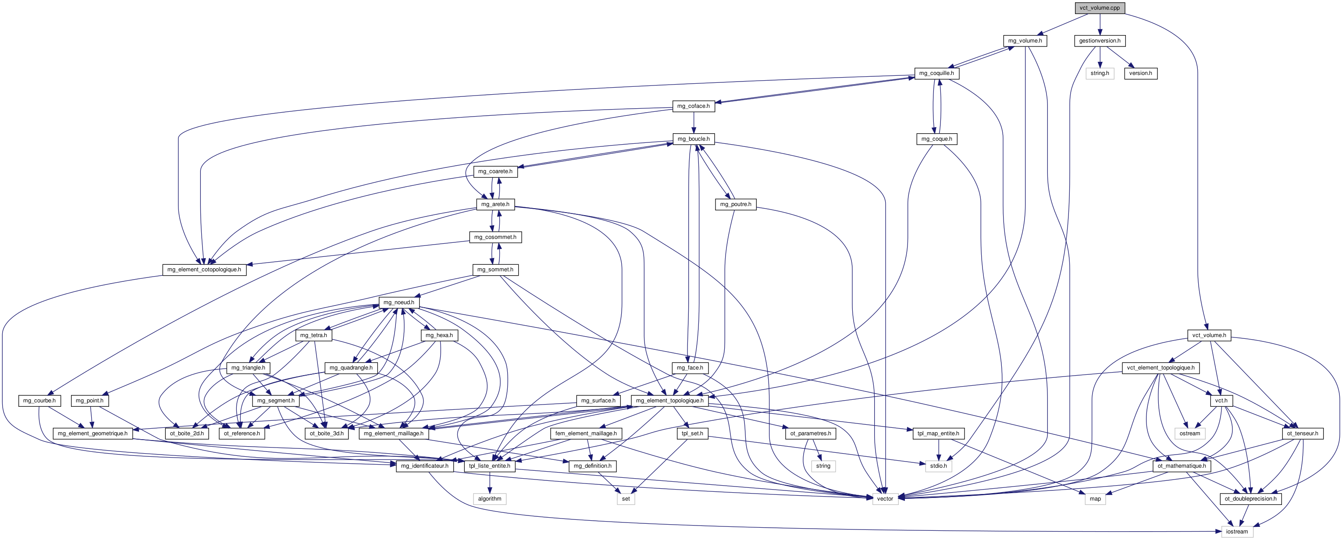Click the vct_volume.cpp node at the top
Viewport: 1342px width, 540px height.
(1099, 8)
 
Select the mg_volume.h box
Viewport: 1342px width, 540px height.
(1025, 41)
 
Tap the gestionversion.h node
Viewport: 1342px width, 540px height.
(1100, 41)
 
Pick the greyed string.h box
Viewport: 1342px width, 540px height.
(1100, 74)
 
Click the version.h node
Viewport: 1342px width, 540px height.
(1140, 74)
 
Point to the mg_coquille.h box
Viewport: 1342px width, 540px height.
(936, 74)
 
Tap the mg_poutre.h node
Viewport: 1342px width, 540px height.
(736, 204)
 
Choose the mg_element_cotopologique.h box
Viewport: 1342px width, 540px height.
(204, 270)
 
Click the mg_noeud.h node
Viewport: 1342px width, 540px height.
(399, 302)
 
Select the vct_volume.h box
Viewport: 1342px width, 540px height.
(1209, 335)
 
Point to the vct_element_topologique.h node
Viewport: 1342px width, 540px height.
(1160, 368)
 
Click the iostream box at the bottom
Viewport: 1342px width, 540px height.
(1237, 532)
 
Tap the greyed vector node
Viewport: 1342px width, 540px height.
(885, 499)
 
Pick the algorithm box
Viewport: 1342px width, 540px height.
(490, 499)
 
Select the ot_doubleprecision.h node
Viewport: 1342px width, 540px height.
(1250, 499)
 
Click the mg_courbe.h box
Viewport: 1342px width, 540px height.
(39, 401)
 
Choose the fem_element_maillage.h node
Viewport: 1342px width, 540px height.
(586, 433)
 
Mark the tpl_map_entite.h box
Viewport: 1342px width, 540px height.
(939, 433)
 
